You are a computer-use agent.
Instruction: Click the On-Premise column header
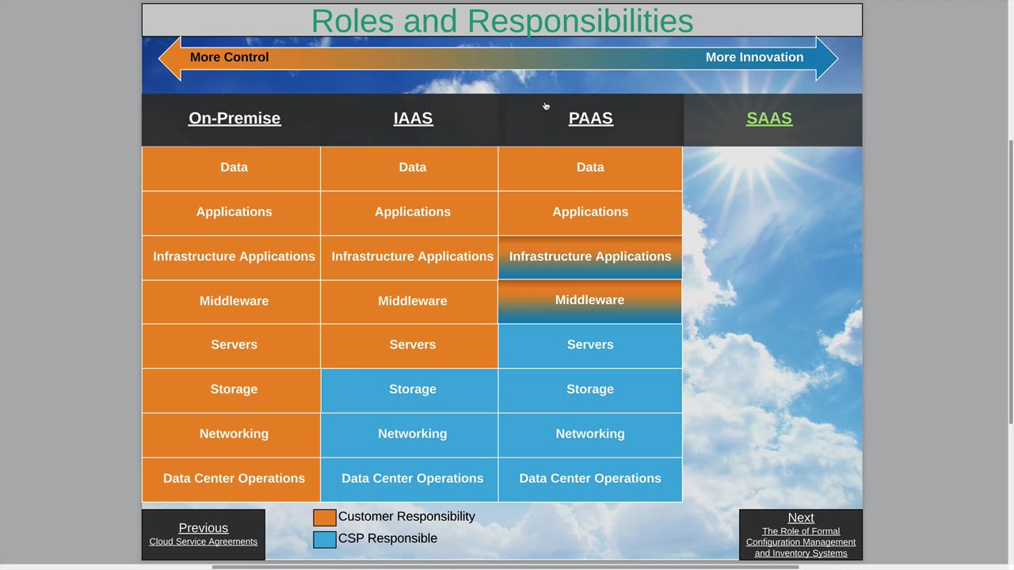(x=234, y=118)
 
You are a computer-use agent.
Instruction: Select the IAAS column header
(x=413, y=118)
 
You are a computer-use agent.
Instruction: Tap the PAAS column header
(x=591, y=118)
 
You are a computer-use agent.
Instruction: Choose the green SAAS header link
(x=769, y=118)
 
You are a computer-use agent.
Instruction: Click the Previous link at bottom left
(x=204, y=528)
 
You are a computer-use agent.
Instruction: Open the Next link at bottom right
(x=801, y=518)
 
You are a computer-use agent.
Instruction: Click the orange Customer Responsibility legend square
(x=325, y=518)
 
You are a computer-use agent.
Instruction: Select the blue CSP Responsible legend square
(x=325, y=539)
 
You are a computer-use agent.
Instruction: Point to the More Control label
(x=229, y=58)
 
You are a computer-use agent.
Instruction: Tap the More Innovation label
(x=755, y=58)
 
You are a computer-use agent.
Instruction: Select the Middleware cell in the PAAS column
(x=590, y=302)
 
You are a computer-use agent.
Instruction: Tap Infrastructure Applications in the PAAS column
(x=590, y=257)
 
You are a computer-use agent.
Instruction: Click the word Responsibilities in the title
(x=580, y=21)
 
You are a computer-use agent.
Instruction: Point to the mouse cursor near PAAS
(x=546, y=106)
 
